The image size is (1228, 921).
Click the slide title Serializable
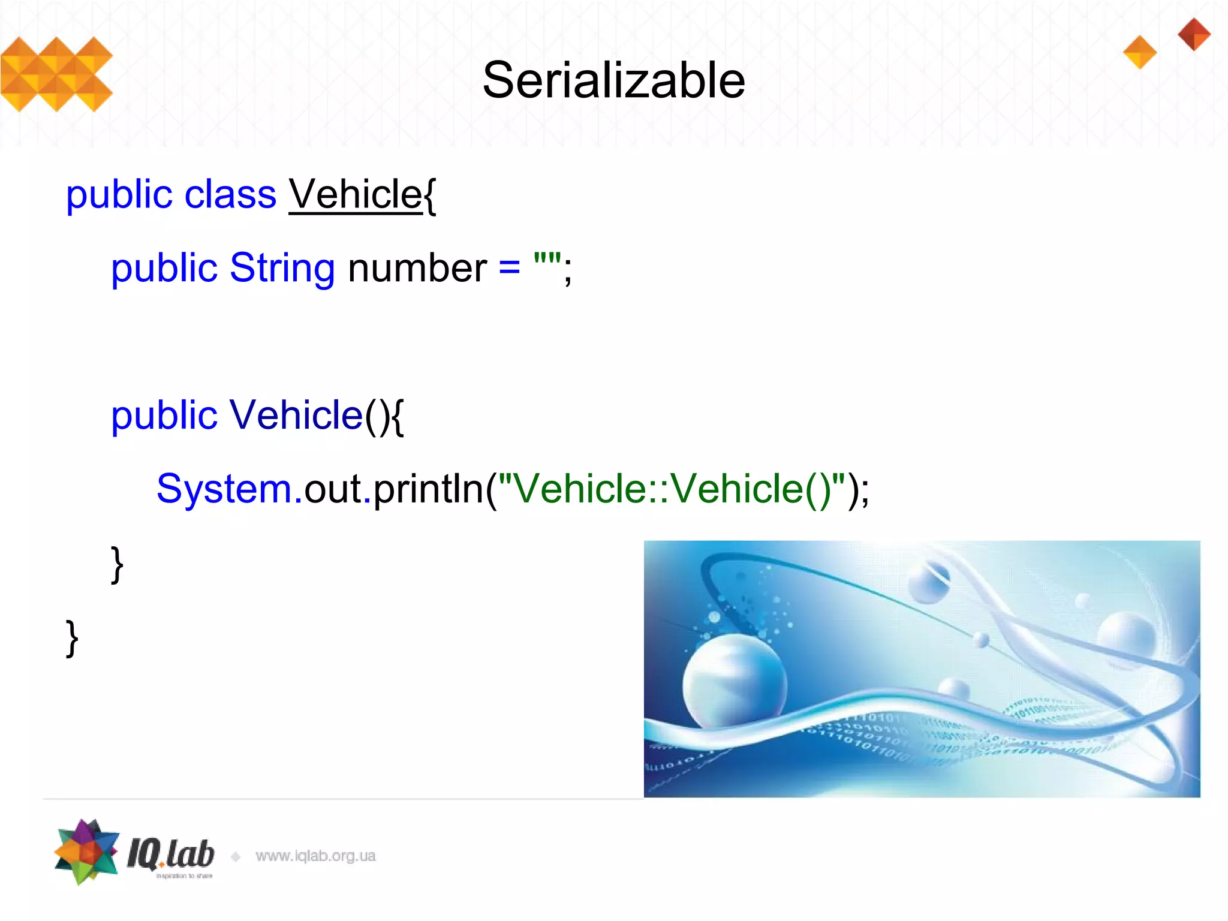coord(613,80)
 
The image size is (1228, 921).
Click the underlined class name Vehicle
coord(356,194)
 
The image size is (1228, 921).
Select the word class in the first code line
coord(230,194)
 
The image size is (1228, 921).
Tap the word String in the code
coord(282,267)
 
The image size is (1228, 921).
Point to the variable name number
coord(417,267)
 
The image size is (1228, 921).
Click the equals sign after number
coord(509,267)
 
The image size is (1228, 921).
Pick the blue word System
coord(224,489)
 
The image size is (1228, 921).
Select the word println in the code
coord(428,489)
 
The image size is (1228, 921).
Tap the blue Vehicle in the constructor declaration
coord(296,415)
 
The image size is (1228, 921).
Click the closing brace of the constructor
coord(117,564)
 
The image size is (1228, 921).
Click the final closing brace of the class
coord(72,638)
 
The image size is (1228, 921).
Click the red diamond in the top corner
coord(1194,34)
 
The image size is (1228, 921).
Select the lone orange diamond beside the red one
coord(1140,52)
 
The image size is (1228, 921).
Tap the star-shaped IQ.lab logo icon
coord(87,851)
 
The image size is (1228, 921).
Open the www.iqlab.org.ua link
coord(315,856)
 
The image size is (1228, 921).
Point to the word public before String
coord(164,267)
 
